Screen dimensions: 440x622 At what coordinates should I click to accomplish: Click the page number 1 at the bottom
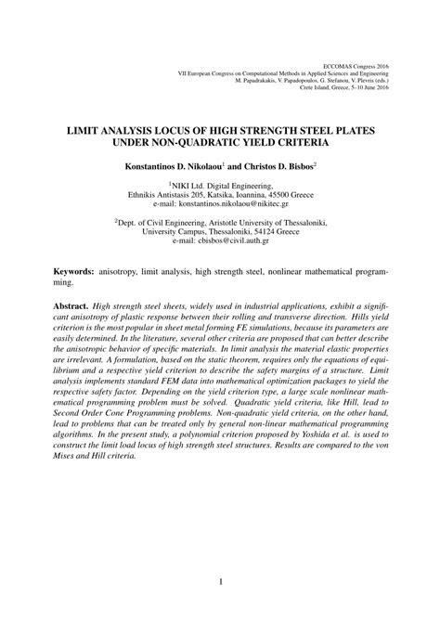pyautogui.click(x=220, y=583)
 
